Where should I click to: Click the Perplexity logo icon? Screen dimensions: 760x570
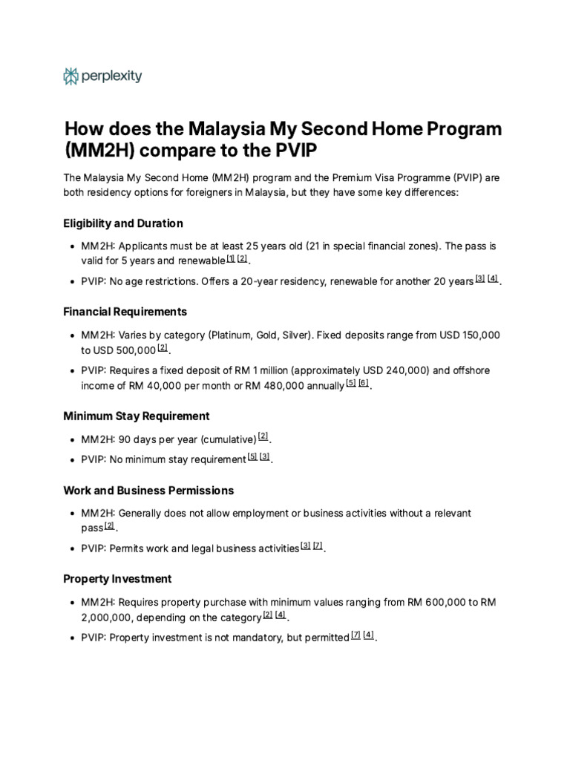(71, 76)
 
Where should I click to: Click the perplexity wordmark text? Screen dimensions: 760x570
(112, 76)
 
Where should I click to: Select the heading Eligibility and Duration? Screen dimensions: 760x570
(123, 223)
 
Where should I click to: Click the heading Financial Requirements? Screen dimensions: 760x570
(125, 312)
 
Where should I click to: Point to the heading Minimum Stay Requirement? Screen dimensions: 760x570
(137, 416)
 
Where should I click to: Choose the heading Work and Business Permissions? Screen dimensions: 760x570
(148, 491)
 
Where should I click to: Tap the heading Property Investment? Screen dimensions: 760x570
(117, 579)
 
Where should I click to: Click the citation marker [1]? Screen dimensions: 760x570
(231, 258)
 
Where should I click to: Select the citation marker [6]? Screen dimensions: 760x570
(364, 384)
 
